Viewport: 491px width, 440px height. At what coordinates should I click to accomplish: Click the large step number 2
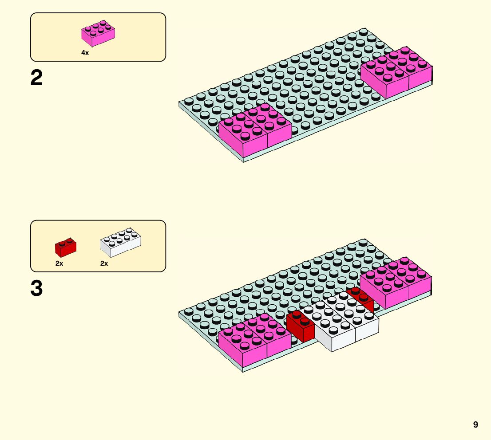37,79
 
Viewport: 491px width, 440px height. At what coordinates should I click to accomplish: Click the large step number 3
37,288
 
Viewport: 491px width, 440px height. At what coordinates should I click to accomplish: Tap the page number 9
475,425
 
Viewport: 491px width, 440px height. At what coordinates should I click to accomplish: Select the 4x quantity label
85,53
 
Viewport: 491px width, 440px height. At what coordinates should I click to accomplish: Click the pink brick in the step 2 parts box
98,34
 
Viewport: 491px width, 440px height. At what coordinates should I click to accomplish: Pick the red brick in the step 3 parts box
65,247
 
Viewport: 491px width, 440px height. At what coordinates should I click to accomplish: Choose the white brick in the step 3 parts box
121,242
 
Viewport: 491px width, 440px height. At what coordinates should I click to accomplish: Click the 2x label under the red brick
59,263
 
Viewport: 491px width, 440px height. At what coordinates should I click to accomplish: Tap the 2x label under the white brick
104,263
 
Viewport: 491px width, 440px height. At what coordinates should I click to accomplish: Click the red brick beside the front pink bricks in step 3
300,327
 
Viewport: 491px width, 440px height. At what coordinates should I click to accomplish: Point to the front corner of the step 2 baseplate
243,161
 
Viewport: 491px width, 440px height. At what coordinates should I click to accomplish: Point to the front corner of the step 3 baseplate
243,371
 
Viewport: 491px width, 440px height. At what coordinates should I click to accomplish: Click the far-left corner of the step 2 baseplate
179,103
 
